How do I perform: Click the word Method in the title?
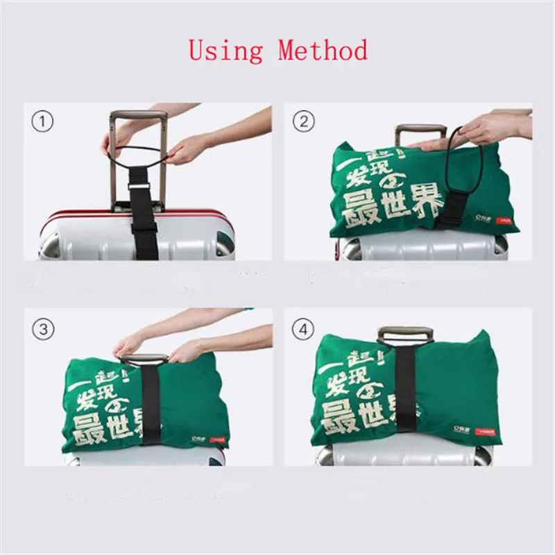coord(323,51)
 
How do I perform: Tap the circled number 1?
coord(44,122)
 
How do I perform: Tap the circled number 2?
coord(302,122)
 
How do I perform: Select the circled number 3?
coord(44,329)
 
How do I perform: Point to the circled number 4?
coord(302,329)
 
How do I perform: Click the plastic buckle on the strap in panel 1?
coord(139,189)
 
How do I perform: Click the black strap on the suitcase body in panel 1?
coord(144,232)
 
